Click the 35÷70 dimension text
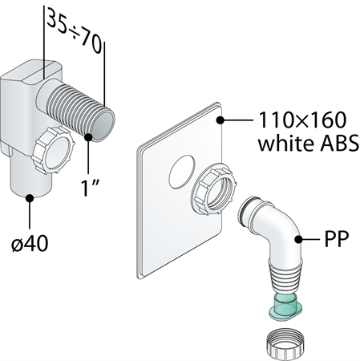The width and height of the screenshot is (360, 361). click(x=75, y=31)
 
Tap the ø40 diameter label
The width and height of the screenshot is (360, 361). click(x=30, y=243)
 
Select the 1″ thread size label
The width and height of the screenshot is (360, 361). click(x=91, y=189)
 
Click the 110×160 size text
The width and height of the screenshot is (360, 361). click(x=302, y=120)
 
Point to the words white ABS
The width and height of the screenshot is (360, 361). click(x=308, y=143)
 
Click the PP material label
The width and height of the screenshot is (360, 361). click(x=337, y=239)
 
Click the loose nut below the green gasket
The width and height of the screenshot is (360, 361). click(x=285, y=344)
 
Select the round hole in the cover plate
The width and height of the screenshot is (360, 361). click(x=181, y=172)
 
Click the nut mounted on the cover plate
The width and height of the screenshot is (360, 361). click(x=214, y=189)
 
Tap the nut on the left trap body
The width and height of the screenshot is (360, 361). click(x=53, y=150)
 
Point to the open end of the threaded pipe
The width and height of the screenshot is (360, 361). click(x=103, y=126)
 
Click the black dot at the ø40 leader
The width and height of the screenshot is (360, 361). click(x=30, y=198)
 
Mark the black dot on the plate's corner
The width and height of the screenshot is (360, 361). click(x=220, y=120)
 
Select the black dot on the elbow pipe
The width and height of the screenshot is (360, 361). click(x=298, y=239)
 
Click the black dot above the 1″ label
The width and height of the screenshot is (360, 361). click(x=88, y=137)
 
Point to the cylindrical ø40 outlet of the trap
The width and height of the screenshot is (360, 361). click(x=30, y=176)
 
